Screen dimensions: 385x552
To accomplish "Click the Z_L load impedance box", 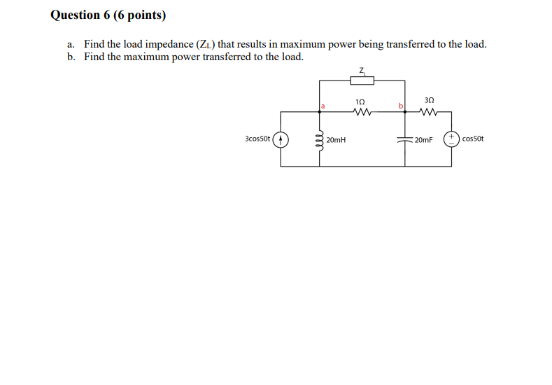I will [362, 80].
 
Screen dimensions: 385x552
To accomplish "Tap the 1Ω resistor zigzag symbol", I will [362, 111].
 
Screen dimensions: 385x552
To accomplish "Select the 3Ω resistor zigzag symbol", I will [429, 111].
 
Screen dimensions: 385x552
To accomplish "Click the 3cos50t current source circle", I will [281, 139].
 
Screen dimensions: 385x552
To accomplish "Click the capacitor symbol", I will [406, 139].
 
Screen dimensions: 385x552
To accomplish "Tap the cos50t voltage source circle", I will [452, 139].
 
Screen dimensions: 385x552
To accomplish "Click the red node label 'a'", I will [324, 106].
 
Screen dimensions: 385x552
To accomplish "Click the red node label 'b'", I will [401, 106].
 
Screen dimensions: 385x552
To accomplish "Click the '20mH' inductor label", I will [337, 140].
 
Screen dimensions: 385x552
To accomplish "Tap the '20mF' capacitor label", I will [423, 140].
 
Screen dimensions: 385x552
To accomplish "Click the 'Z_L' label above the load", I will [362, 69].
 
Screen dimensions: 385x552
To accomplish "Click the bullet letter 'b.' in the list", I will [71, 57].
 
